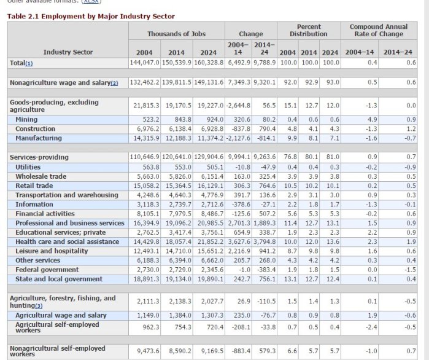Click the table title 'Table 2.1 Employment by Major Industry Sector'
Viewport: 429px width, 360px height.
pos(91,16)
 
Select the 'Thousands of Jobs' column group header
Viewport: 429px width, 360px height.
pos(177,33)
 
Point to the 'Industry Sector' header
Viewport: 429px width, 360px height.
pos(68,52)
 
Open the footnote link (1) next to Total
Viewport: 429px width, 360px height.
pos(29,63)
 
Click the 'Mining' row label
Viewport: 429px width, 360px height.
pos(26,119)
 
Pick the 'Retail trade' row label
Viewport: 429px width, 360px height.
pos(34,186)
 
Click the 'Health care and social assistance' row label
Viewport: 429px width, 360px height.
pos(67,242)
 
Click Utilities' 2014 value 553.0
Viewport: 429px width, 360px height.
pos(177,166)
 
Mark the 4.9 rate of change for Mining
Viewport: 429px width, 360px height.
pos(373,119)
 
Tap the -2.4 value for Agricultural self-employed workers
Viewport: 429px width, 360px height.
pos(373,326)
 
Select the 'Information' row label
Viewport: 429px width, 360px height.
pos(34,204)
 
